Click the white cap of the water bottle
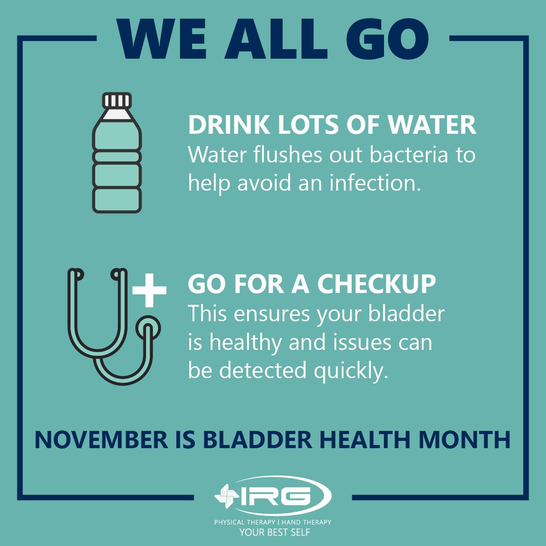click(x=117, y=100)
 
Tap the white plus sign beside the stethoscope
click(x=149, y=290)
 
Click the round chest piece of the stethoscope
click(x=148, y=329)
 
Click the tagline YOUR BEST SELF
click(x=274, y=532)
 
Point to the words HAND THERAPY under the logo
click(x=306, y=522)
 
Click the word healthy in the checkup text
click(x=245, y=343)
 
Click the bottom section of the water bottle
click(x=117, y=200)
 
